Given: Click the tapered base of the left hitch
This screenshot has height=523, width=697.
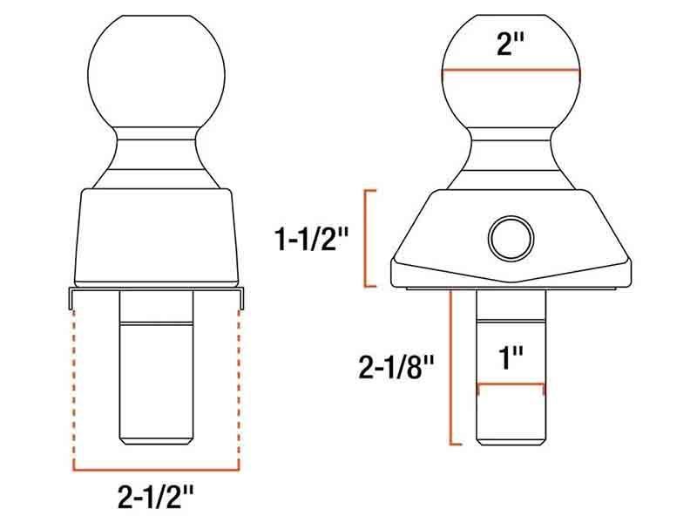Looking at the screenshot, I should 158,235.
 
